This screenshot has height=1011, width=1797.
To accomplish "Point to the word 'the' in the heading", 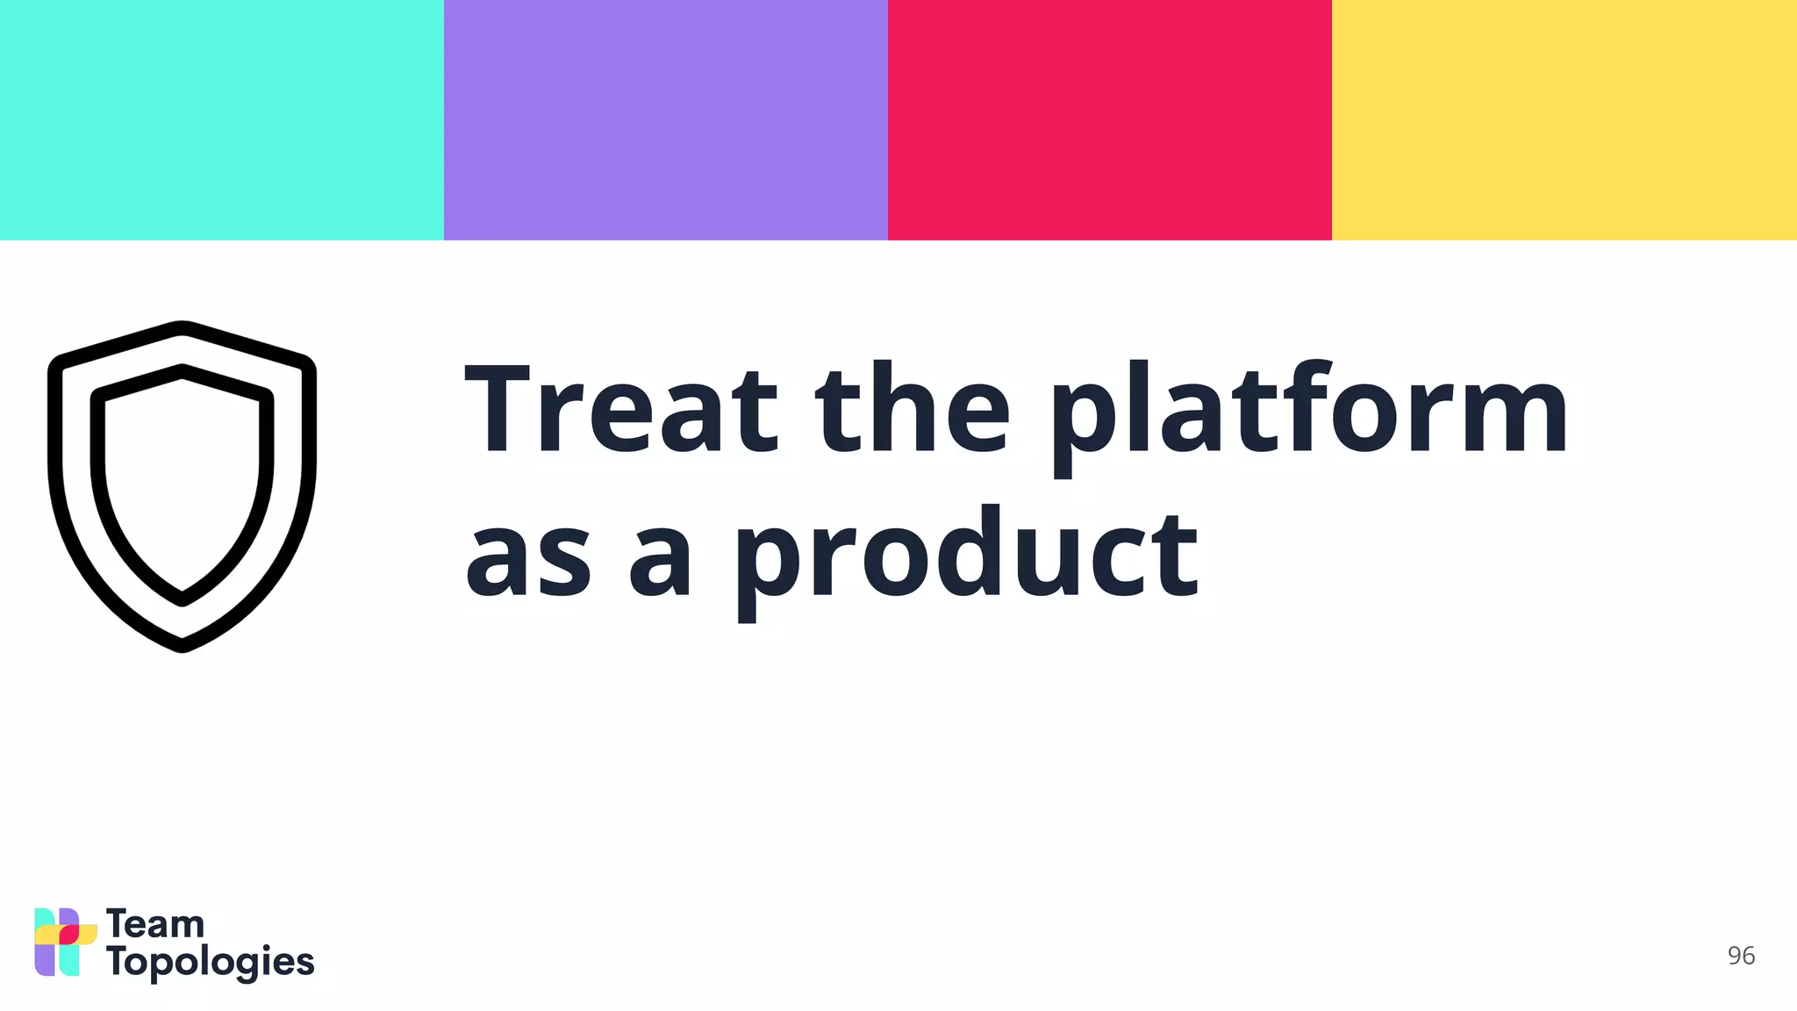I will pos(913,410).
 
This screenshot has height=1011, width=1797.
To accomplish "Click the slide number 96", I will pos(1741,956).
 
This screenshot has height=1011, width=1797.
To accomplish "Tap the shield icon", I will pos(182,487).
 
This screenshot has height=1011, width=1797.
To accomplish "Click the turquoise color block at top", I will pos(222,119).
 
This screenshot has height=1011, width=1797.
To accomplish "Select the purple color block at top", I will pos(666,119).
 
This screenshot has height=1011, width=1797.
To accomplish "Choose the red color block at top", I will pos(1110,119).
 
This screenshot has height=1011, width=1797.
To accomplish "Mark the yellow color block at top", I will pos(1564,119).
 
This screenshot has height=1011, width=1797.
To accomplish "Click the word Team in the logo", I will pos(155,925).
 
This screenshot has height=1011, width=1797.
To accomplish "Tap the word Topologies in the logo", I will pos(211,963).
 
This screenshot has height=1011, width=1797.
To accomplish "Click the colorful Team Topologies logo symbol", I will pos(65,942).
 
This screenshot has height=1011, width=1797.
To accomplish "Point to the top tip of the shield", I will pos(182,327).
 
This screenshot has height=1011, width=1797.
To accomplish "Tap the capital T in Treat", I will pos(498,410).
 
